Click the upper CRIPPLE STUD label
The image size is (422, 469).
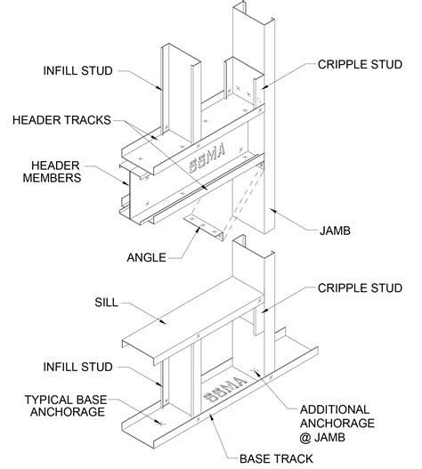[360, 65]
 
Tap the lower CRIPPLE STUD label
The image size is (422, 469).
[360, 288]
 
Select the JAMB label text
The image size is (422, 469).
[335, 230]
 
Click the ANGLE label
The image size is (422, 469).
[146, 257]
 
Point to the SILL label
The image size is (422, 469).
[106, 303]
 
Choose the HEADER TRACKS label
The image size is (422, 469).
[61, 120]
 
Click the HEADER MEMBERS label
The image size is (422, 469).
[52, 172]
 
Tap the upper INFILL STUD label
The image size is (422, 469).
[77, 71]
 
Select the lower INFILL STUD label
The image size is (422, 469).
[77, 367]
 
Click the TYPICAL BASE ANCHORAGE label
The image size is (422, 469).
[66, 406]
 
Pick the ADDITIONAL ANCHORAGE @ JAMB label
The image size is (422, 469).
[337, 424]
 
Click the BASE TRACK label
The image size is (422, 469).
[276, 459]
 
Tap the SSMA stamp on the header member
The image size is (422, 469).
[207, 158]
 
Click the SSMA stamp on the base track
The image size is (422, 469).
[224, 389]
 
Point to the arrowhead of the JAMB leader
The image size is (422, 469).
[272, 210]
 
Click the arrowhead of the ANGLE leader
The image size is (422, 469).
[199, 229]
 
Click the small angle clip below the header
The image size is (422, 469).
[204, 227]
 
